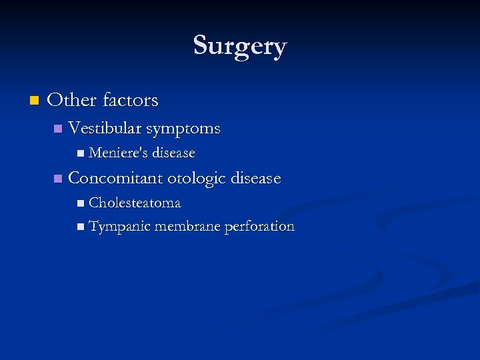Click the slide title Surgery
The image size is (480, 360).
[x=240, y=46]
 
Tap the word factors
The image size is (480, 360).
[x=130, y=100]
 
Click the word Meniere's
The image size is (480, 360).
[x=117, y=153]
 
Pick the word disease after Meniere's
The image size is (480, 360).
[x=173, y=153]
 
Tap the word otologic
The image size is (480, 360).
[x=197, y=179]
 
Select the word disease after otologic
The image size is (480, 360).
[x=255, y=178]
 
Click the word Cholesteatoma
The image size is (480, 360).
[x=135, y=202]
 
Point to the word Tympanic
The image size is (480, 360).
[x=119, y=227]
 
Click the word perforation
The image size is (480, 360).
[x=259, y=227]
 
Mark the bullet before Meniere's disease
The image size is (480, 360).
[x=81, y=153]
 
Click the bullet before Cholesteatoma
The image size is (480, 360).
[x=81, y=203]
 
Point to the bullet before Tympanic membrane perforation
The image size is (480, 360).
[x=81, y=227]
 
